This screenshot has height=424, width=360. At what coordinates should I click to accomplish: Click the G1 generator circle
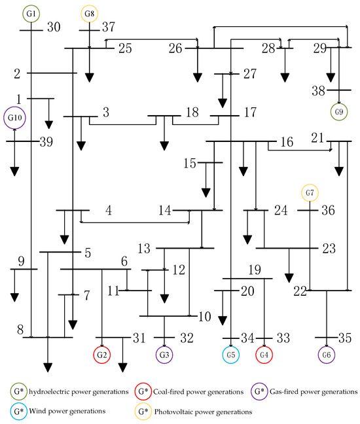click(x=31, y=14)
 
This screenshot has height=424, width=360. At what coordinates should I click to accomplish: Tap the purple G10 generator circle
click(x=14, y=118)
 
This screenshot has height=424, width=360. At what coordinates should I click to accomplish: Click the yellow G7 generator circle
click(x=310, y=194)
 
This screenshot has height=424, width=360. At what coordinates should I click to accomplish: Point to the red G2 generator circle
click(x=101, y=355)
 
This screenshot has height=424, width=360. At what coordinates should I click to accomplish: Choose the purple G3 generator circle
click(x=164, y=355)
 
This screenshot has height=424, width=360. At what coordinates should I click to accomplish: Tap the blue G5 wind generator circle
click(x=230, y=355)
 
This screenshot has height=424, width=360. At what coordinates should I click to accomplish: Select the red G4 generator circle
click(x=264, y=355)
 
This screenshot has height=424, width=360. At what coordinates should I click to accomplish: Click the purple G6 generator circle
click(x=327, y=355)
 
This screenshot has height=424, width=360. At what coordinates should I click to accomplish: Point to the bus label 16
click(x=286, y=143)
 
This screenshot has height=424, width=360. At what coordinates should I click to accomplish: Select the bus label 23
click(x=328, y=249)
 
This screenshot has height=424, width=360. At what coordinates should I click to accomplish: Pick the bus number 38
click(x=319, y=92)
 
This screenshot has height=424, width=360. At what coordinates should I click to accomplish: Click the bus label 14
click(x=166, y=211)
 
